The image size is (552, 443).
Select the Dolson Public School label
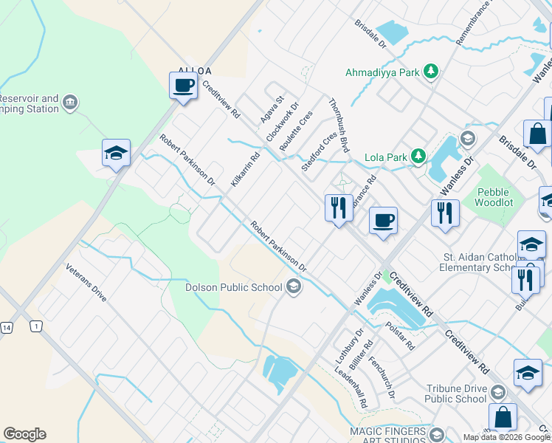click(234, 287)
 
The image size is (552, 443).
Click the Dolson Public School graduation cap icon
click(294, 286)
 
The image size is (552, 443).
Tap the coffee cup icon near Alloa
click(183, 86)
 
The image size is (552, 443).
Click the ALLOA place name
click(195, 71)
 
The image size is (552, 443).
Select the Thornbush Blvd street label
click(338, 126)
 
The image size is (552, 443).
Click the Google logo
click(25, 434)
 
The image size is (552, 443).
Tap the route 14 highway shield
click(7, 326)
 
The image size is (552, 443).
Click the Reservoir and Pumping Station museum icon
click(70, 101)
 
